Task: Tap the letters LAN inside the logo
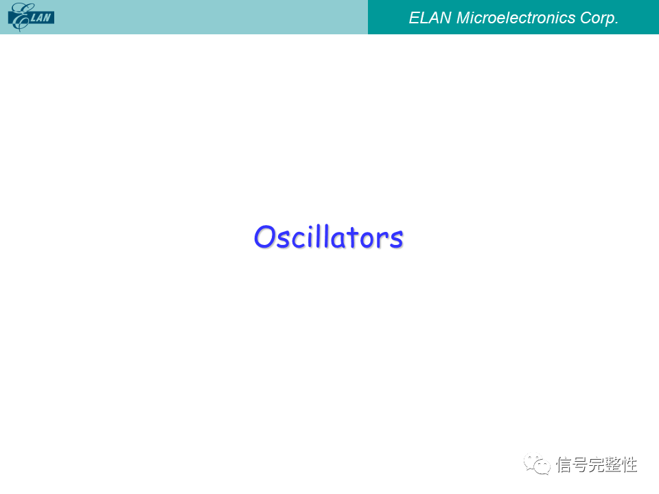click(41, 18)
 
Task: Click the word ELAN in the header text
click(430, 18)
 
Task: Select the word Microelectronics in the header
click(516, 18)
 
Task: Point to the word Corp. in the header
click(599, 19)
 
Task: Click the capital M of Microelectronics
click(464, 18)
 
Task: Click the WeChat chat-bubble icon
click(537, 464)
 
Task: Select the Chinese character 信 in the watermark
click(564, 464)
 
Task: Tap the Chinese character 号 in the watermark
click(581, 464)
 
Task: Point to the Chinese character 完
click(597, 464)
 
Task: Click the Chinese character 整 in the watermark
click(613, 464)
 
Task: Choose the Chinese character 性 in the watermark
click(629, 464)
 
